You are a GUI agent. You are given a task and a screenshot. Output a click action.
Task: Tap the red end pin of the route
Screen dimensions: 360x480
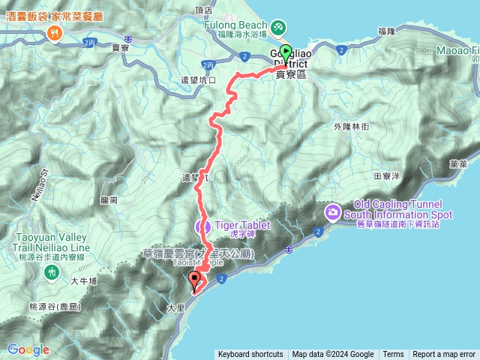196,281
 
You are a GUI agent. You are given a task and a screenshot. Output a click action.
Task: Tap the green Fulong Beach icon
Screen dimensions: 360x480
278,27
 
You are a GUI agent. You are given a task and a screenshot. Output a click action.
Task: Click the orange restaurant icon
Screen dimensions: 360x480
54,32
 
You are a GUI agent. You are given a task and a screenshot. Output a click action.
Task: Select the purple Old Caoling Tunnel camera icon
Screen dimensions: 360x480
331,214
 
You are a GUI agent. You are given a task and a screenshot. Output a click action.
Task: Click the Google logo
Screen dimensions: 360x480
28,349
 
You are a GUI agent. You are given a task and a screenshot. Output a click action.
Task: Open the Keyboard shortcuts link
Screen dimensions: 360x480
250,355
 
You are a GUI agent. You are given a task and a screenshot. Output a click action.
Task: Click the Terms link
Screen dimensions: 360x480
393,355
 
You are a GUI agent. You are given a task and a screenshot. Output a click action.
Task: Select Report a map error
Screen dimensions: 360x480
445,355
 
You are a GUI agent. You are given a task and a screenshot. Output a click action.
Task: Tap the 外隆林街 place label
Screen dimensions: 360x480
350,127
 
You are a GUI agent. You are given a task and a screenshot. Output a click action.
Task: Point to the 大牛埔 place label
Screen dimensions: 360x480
84,281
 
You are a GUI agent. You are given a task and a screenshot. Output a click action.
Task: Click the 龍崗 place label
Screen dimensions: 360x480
109,200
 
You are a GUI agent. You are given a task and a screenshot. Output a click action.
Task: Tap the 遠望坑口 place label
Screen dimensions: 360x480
199,79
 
